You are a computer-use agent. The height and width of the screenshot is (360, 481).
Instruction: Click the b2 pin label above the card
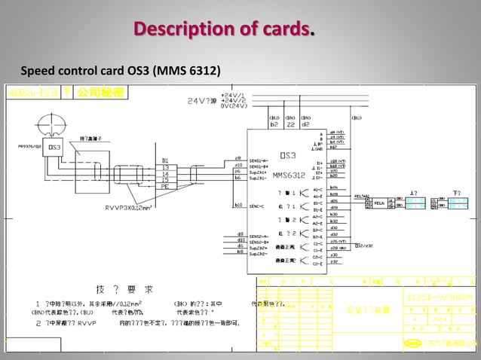[273, 124]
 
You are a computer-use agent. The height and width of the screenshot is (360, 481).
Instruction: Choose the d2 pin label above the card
[305, 124]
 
